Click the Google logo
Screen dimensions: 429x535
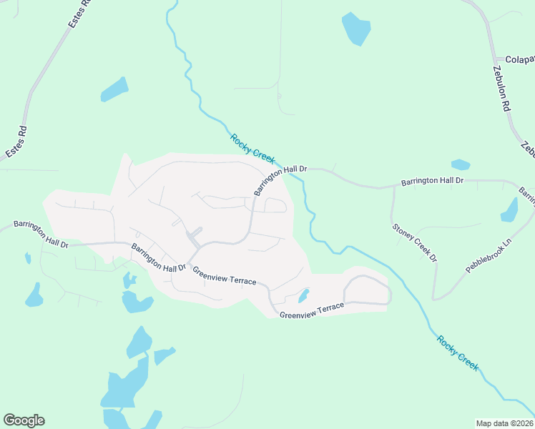24,420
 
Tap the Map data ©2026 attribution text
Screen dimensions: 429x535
504,423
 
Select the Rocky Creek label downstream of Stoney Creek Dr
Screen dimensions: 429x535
457,352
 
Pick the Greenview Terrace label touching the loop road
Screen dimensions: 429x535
312,310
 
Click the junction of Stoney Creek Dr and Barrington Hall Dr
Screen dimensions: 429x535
393,187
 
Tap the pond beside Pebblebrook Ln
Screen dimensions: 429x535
510,211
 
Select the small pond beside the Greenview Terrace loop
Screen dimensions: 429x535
303,295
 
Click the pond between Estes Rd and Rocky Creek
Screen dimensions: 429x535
114,89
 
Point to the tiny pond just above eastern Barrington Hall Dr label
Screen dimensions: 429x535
461,165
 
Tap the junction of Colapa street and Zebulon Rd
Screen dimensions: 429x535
496,60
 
